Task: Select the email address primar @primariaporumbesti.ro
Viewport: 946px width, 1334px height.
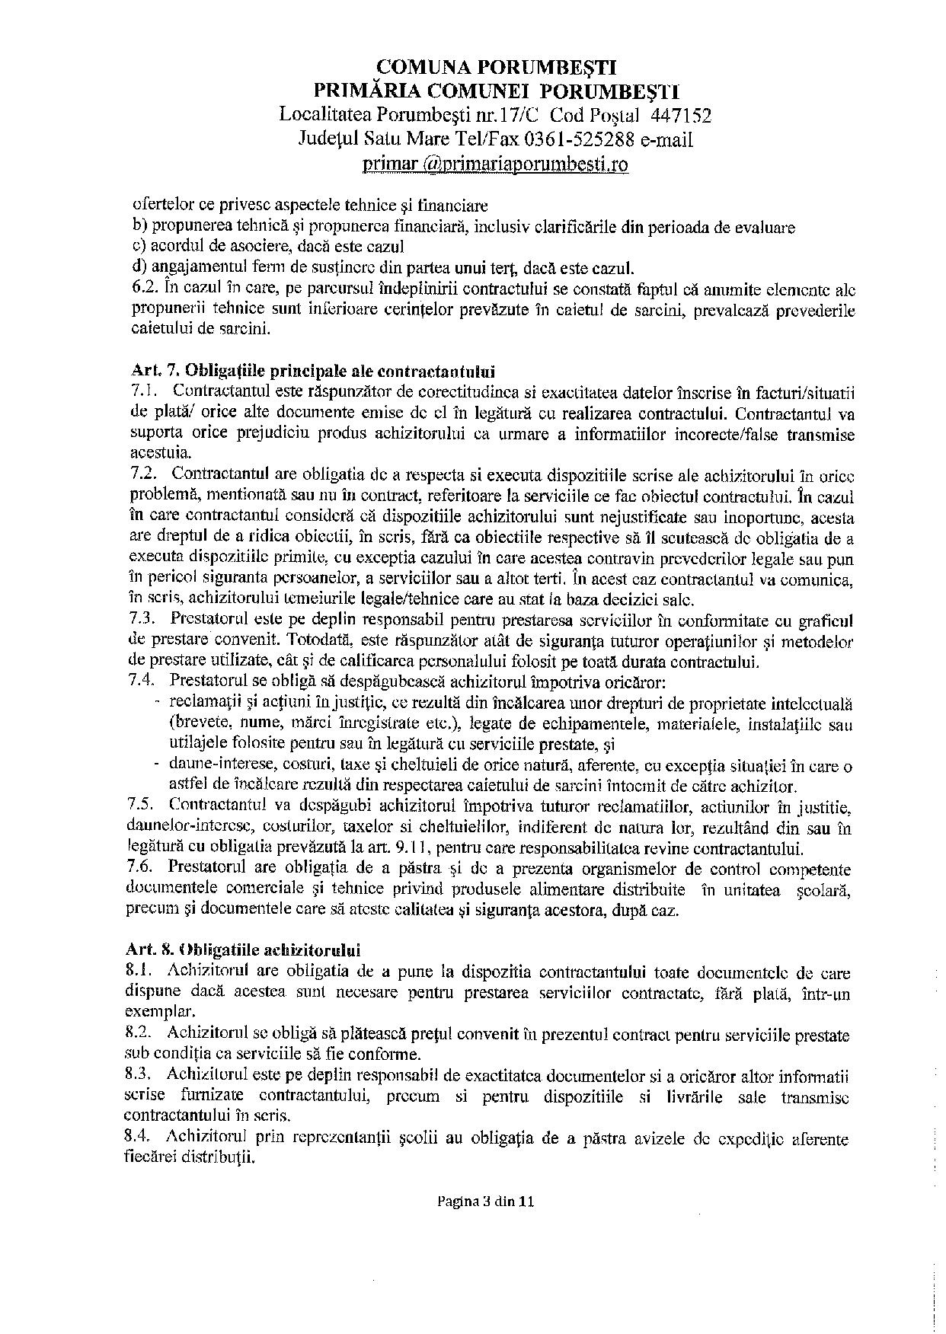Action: (x=496, y=164)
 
